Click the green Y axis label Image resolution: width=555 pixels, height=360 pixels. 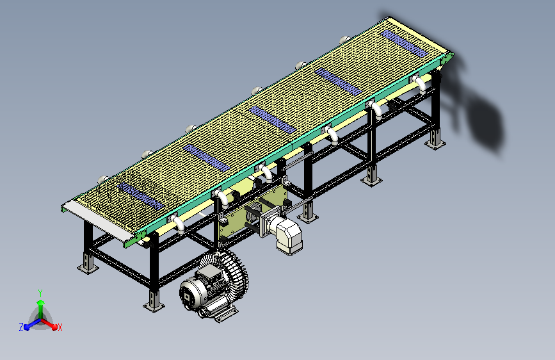click(40, 293)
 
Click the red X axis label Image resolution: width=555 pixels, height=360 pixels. click(60, 327)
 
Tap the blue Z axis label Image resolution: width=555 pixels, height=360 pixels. click(21, 327)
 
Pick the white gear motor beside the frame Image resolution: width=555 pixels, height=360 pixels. click(285, 232)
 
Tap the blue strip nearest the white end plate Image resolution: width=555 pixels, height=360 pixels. click(141, 196)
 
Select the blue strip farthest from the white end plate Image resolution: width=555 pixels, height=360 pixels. click(405, 44)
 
